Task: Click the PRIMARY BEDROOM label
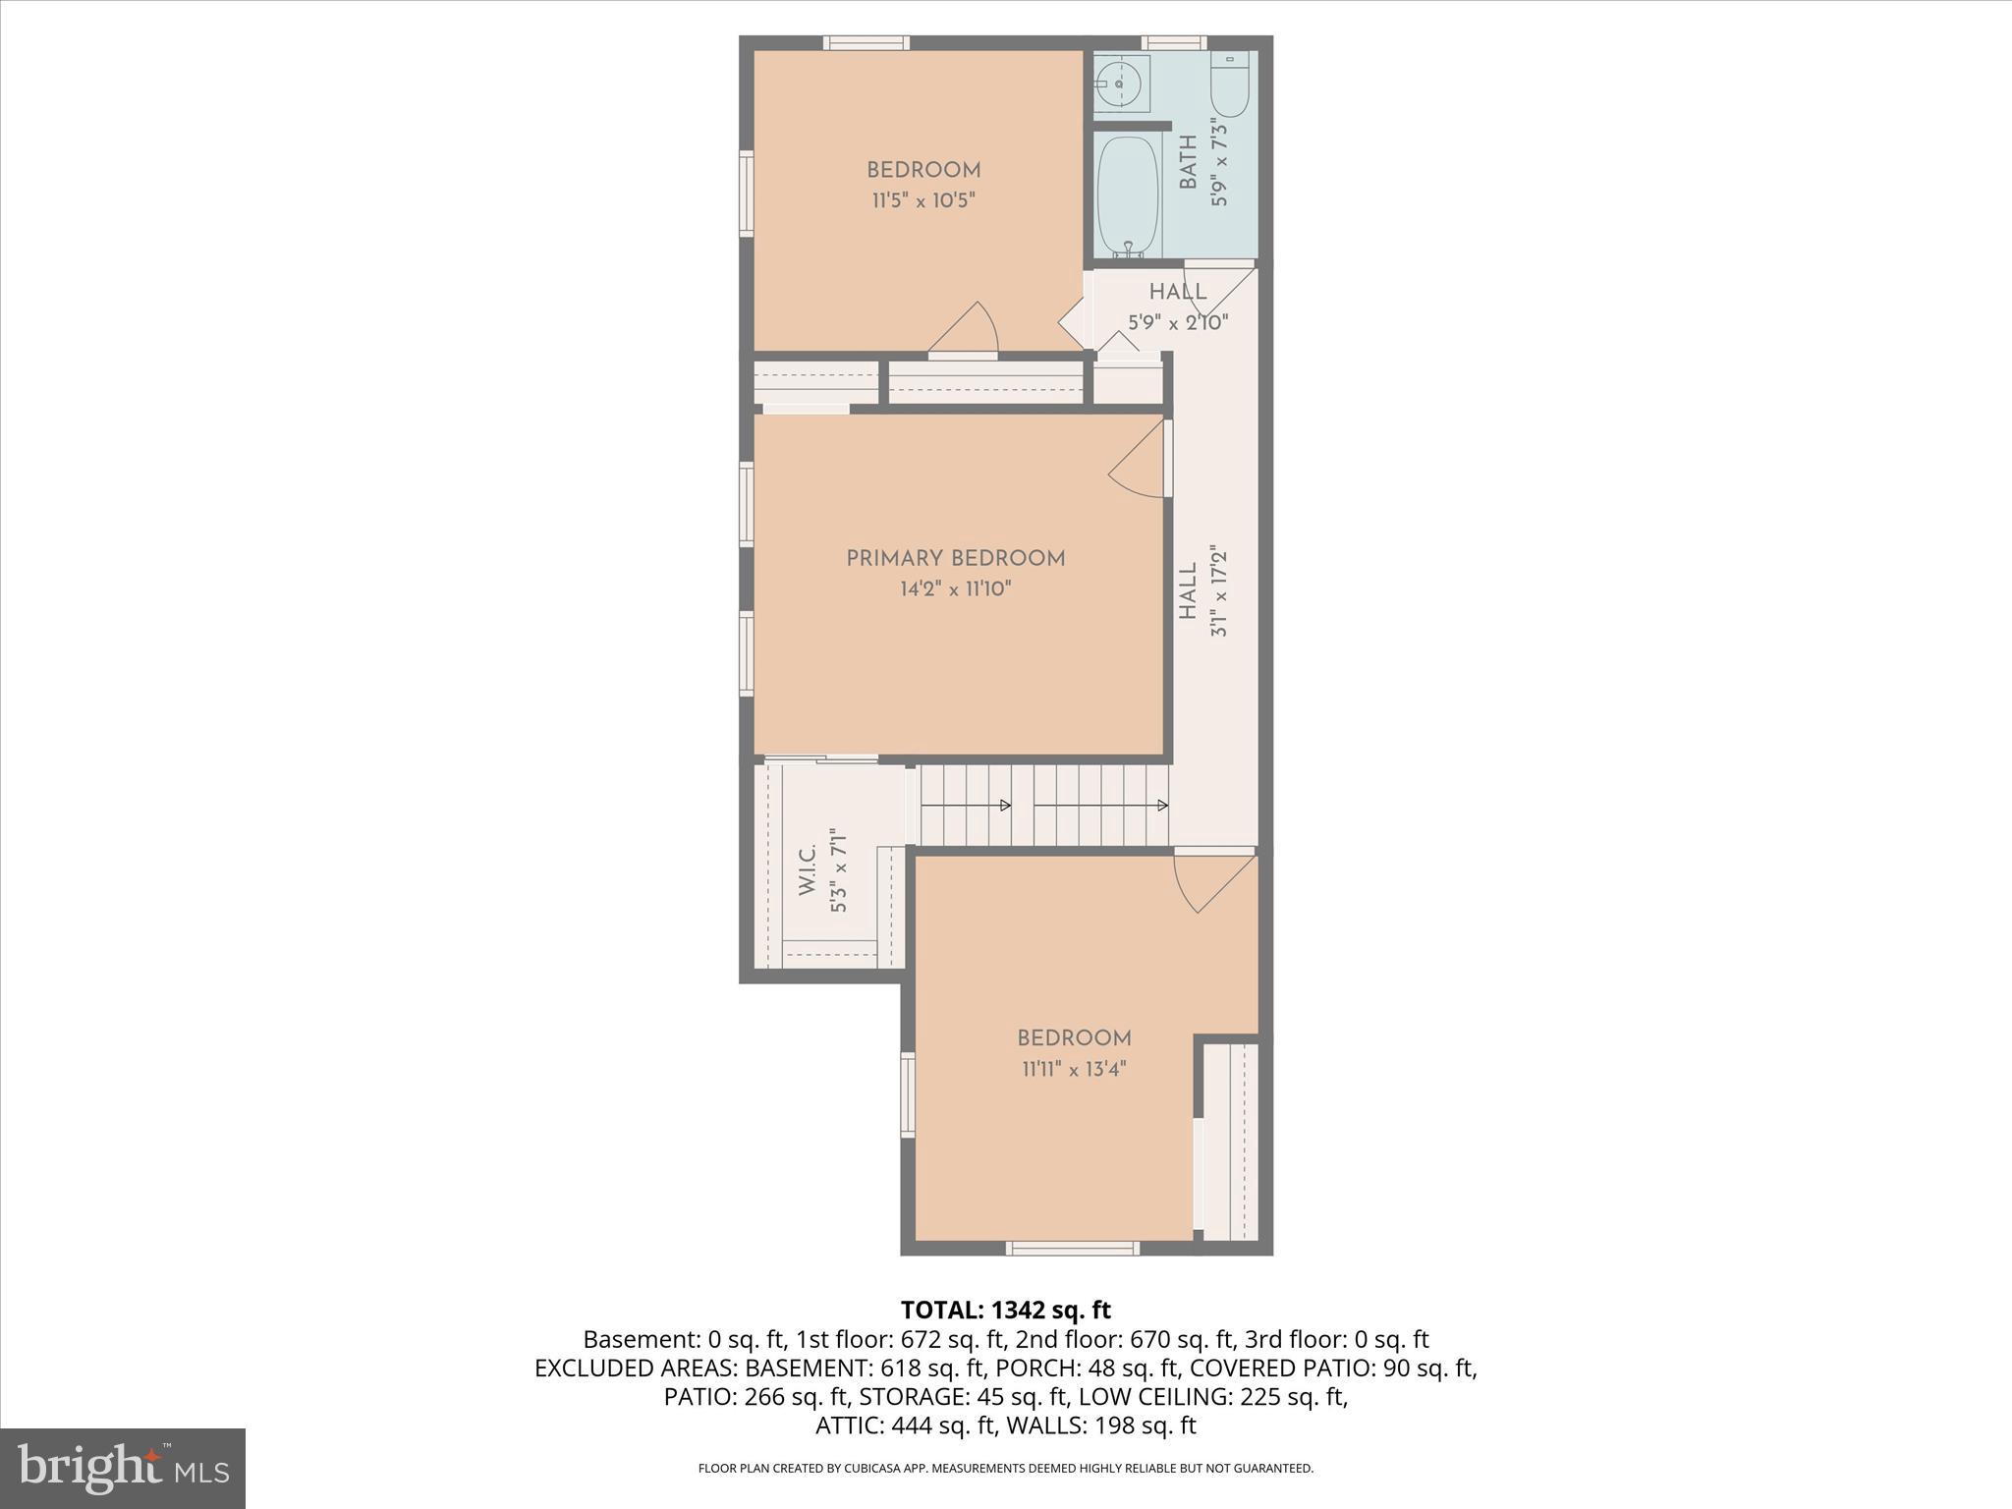(x=955, y=559)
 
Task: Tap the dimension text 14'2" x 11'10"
(x=955, y=589)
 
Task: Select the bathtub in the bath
(x=1128, y=195)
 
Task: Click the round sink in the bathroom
(x=1120, y=84)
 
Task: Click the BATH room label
(x=1189, y=162)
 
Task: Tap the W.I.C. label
(x=808, y=869)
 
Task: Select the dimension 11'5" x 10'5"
(x=922, y=201)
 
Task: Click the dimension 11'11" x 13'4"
(x=1074, y=1069)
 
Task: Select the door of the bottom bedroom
(x=1213, y=881)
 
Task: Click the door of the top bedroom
(x=965, y=329)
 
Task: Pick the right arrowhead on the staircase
(x=1162, y=806)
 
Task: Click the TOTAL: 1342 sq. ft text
(x=1005, y=1310)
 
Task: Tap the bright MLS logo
(x=123, y=1468)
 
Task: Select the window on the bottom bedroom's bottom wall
(x=1072, y=1249)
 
